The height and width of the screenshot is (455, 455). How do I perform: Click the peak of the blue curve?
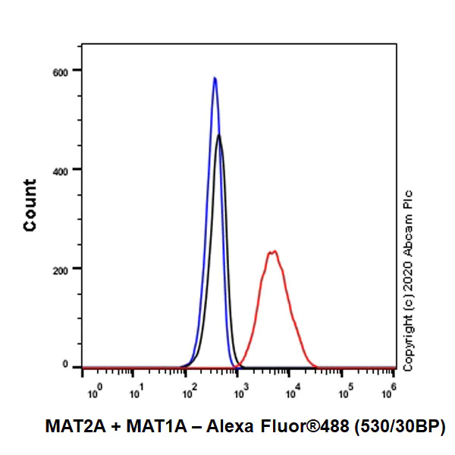215,77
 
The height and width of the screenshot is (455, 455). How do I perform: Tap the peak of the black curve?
219,136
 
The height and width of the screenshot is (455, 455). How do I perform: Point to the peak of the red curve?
272,251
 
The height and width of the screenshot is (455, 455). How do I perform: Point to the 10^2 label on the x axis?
189,393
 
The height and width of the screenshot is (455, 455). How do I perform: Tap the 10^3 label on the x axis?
241,393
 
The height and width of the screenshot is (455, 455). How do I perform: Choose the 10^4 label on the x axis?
293,393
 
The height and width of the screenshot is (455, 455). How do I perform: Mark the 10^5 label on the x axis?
346,393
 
